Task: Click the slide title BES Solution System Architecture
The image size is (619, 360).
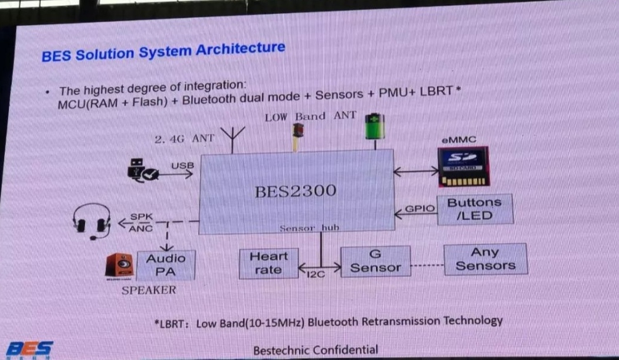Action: click(x=163, y=51)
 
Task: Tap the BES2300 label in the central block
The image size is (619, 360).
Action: click(x=296, y=191)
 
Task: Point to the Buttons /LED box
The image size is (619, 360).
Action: click(x=474, y=209)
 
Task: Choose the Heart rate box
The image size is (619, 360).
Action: click(x=268, y=263)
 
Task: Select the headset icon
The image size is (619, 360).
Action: click(x=93, y=221)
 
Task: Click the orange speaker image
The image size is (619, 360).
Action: click(x=120, y=267)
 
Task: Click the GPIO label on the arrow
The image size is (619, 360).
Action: click(x=420, y=208)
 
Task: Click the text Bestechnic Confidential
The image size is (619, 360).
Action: click(x=316, y=349)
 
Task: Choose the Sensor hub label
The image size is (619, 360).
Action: click(x=309, y=228)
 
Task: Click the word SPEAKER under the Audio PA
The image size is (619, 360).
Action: click(x=149, y=290)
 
